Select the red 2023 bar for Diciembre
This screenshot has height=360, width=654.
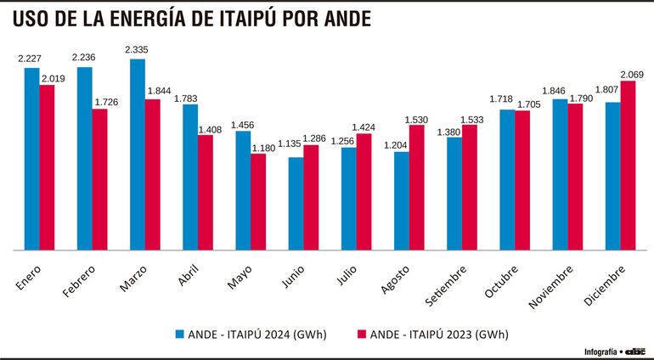pos(629,166)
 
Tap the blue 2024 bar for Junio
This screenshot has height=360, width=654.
pos(296,204)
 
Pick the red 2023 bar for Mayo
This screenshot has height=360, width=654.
pos(258,202)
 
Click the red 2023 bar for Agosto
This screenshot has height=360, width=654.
pos(417,188)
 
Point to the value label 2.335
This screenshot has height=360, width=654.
pos(138,51)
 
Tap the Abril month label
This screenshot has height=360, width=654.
pos(188,277)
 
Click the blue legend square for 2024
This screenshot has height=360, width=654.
pos(181,333)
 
